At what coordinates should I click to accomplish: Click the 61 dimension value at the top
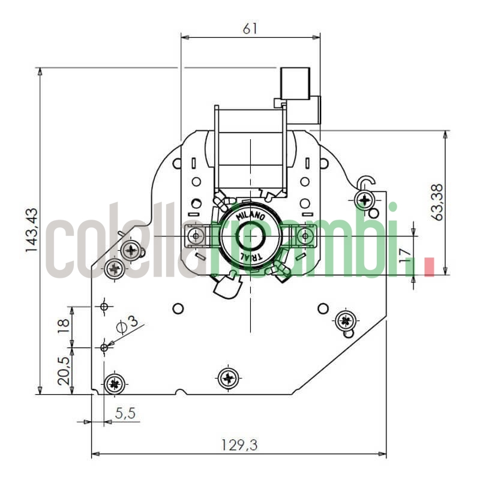click(251, 28)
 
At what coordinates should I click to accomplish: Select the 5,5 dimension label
click(124, 413)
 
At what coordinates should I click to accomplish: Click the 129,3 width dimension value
click(239, 445)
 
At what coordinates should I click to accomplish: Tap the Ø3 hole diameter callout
click(127, 325)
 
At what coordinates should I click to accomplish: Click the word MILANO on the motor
click(249, 215)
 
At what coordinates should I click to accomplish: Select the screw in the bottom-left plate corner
click(113, 383)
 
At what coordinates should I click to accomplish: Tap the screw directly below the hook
click(364, 199)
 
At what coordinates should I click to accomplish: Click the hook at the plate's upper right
click(365, 181)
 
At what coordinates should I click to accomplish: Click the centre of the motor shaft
click(250, 236)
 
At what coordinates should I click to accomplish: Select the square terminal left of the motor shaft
click(194, 236)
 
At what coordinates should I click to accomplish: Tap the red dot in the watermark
click(428, 266)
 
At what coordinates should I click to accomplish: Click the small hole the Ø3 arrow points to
click(104, 347)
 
